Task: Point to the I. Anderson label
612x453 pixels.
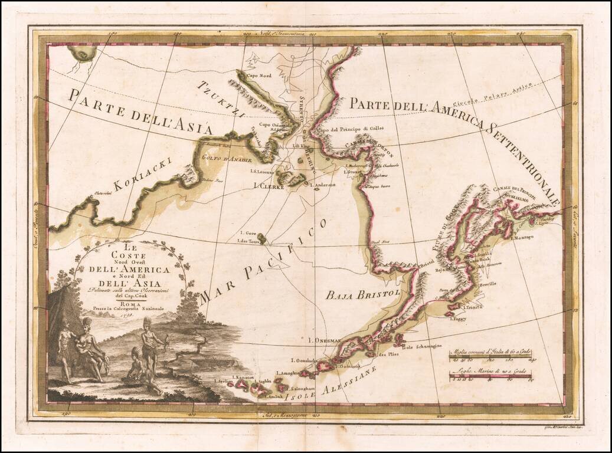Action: [322, 185]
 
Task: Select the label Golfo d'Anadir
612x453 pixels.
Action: [231, 159]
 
